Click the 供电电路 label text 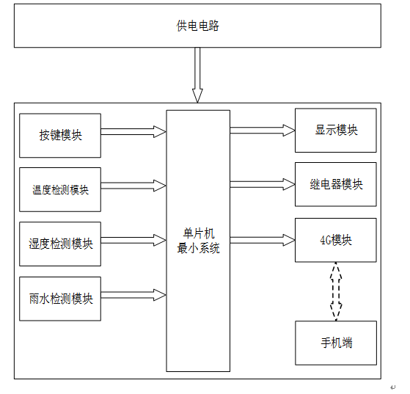point(198,26)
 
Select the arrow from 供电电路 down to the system point(197,75)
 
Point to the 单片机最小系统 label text point(199,241)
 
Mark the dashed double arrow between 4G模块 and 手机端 point(336,291)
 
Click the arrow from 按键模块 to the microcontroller point(133,131)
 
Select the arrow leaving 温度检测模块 point(133,186)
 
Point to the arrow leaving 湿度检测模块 point(133,240)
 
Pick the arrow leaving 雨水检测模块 point(133,295)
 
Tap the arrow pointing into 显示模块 point(263,131)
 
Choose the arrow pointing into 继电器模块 point(263,184)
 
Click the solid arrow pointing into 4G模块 point(263,240)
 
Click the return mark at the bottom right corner point(392,387)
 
